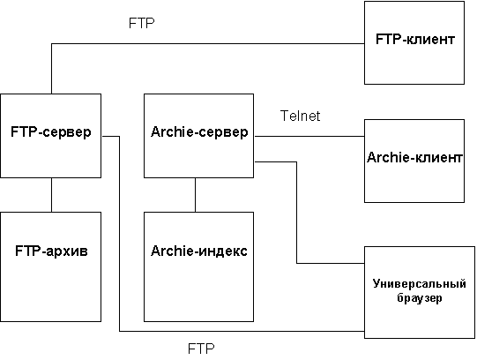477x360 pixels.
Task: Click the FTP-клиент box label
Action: click(x=415, y=39)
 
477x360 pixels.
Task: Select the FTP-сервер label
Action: click(x=51, y=131)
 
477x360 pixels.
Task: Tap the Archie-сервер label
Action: click(x=199, y=131)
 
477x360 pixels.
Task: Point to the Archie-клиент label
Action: click(x=414, y=157)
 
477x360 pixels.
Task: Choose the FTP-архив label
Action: click(x=51, y=251)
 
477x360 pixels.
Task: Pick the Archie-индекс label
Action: click(x=199, y=251)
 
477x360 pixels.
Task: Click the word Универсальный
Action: click(x=419, y=283)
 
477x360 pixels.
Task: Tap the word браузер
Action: click(x=419, y=297)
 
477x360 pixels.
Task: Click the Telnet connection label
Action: click(x=300, y=116)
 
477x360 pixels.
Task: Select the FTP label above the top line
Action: click(x=142, y=23)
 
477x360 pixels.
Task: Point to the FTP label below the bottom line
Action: click(x=201, y=349)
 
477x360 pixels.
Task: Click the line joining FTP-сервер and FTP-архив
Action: click(x=51, y=195)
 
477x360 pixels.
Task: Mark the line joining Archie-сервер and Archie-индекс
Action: click(x=196, y=195)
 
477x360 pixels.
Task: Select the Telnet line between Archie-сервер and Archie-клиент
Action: click(x=309, y=137)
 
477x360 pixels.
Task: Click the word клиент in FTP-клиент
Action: click(x=431, y=40)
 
